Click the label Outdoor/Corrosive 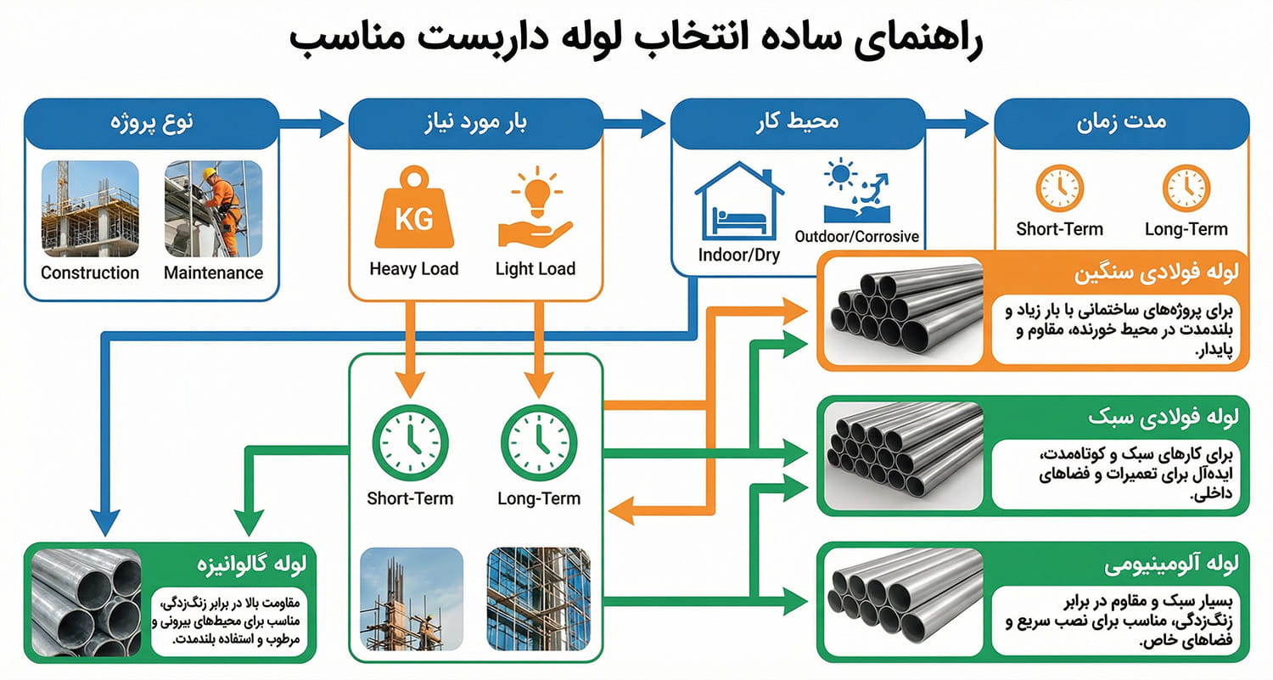tap(856, 237)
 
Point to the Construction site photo tap(90, 209)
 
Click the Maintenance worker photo tap(213, 209)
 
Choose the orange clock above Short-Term tap(1059, 188)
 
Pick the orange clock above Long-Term tap(1186, 188)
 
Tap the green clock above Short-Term tap(410, 442)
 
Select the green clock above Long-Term tap(539, 442)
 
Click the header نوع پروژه tap(153, 122)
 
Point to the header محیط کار tap(798, 122)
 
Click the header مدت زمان tap(1121, 122)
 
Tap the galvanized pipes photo tap(87, 602)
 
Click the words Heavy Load tap(413, 269)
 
